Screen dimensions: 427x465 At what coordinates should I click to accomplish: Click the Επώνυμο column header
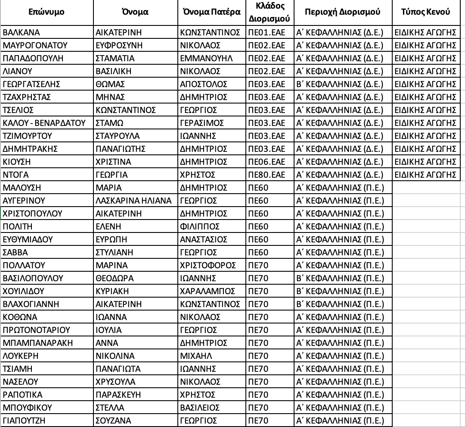[46, 12]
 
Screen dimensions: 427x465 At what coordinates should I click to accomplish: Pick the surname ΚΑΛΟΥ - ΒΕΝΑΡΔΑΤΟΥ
[44, 123]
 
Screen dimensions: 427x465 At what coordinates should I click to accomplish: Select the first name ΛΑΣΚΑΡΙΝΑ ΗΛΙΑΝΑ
[133, 201]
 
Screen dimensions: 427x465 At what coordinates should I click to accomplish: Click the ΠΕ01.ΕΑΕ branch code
[267, 32]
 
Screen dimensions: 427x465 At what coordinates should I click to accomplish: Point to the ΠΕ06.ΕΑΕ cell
[267, 162]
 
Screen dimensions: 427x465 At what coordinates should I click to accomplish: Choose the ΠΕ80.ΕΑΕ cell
[267, 175]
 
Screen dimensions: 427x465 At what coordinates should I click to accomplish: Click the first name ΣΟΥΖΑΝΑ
[113, 421]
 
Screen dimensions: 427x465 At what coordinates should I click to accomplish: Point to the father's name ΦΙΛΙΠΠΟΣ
[200, 226]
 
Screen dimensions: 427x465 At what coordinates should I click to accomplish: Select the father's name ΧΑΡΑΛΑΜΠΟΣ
[208, 291]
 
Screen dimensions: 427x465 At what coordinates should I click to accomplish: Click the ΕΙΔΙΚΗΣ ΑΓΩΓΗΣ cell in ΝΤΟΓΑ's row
[425, 175]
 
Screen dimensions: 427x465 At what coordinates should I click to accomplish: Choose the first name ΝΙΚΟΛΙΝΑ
[115, 356]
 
